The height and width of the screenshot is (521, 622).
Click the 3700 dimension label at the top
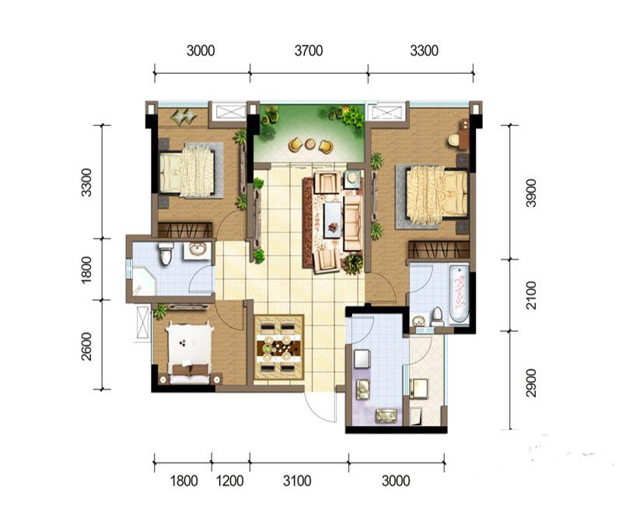309,51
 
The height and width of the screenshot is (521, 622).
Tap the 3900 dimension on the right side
531,193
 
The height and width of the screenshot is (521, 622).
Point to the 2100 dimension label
531,295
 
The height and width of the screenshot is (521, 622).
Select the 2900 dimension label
531,383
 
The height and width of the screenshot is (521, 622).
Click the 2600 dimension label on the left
86,346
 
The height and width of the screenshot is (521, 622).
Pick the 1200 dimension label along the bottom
229,481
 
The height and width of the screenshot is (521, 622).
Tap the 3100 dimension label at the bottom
297,481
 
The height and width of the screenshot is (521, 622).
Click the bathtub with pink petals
460,294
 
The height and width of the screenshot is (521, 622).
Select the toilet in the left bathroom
166,254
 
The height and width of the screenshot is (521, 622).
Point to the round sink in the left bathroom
197,250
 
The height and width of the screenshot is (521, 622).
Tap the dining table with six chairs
278,348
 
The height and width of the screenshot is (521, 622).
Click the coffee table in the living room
333,220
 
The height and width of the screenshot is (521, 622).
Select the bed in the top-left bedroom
187,171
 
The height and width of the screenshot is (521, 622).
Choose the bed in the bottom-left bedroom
189,353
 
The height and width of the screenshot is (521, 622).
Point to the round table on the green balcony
310,144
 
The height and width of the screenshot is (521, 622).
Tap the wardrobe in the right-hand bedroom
439,250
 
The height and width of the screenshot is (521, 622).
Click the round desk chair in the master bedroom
453,140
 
